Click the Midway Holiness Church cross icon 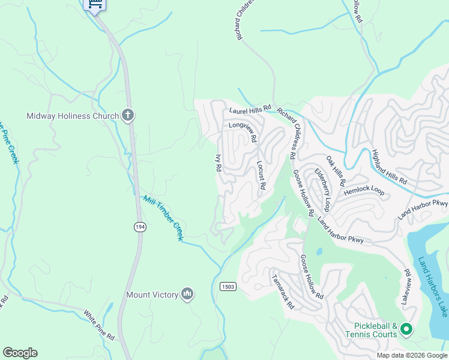tap(127, 115)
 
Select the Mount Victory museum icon tap(187, 294)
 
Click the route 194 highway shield tap(139, 226)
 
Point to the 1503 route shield tap(228, 286)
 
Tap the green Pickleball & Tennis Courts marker tap(406, 329)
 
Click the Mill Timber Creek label tap(163, 218)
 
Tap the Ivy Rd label tap(218, 163)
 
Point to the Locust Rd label tap(261, 175)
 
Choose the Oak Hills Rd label tap(336, 170)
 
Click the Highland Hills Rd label tap(389, 166)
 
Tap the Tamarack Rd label tap(283, 292)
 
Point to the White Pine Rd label tap(99, 325)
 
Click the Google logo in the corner tap(20, 353)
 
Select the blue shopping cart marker tap(94, 4)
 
